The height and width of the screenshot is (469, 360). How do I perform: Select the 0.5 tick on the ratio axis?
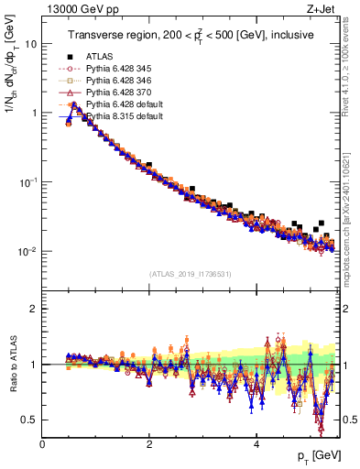point(29,420)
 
